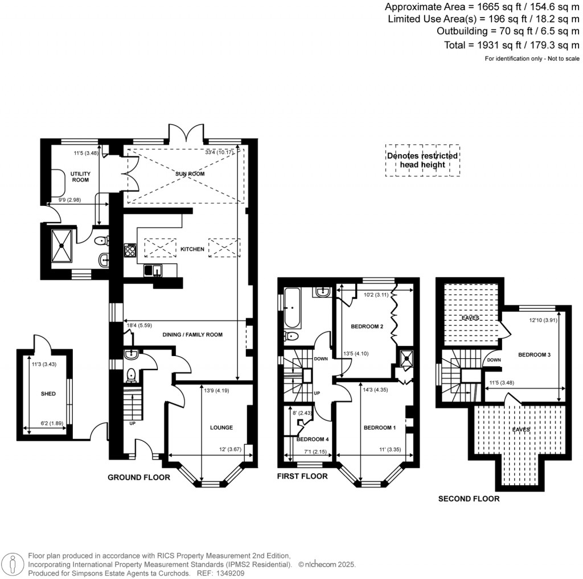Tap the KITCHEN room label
(192, 249)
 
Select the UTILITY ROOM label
(80, 176)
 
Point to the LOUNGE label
(221, 427)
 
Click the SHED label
(48, 394)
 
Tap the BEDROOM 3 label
(534, 355)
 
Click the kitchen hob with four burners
(130, 249)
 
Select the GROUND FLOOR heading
(139, 478)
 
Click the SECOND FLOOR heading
(469, 499)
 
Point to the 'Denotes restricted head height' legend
(422, 160)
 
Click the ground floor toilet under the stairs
(132, 375)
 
